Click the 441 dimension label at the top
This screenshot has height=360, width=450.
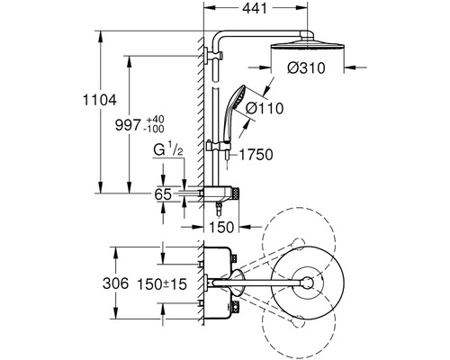(x=255, y=8)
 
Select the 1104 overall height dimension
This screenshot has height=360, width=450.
(x=99, y=100)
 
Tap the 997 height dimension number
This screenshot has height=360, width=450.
(x=128, y=125)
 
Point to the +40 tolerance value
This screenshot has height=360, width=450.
(x=154, y=119)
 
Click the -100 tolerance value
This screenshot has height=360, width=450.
(x=154, y=129)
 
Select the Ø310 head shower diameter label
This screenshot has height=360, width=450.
(x=306, y=68)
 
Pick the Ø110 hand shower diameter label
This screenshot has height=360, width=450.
(x=265, y=108)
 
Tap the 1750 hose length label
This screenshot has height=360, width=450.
(x=256, y=155)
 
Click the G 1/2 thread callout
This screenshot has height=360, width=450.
(x=168, y=149)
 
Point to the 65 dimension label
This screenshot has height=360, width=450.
(x=163, y=194)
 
